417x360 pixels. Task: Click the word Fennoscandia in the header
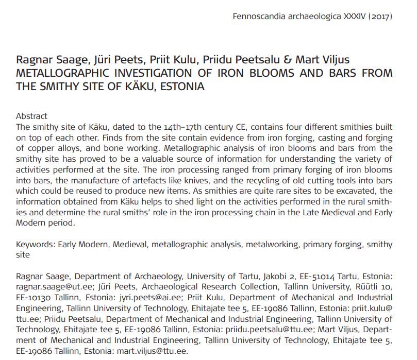pos(256,16)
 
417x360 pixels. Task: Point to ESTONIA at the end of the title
pos(182,86)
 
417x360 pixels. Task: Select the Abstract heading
pos(31,116)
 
